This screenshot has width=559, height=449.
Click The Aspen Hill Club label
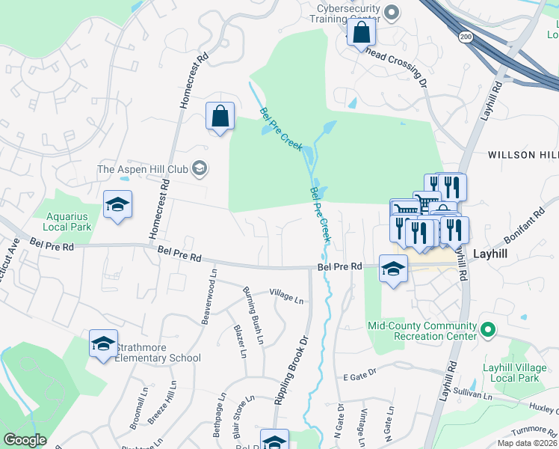(143, 169)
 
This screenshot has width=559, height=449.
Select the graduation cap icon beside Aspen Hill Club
(199, 169)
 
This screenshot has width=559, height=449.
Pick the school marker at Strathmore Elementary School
(103, 343)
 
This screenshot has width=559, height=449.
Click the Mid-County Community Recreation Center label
(422, 331)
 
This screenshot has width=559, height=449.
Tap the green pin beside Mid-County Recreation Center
(487, 329)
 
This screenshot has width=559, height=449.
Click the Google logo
(25, 440)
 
